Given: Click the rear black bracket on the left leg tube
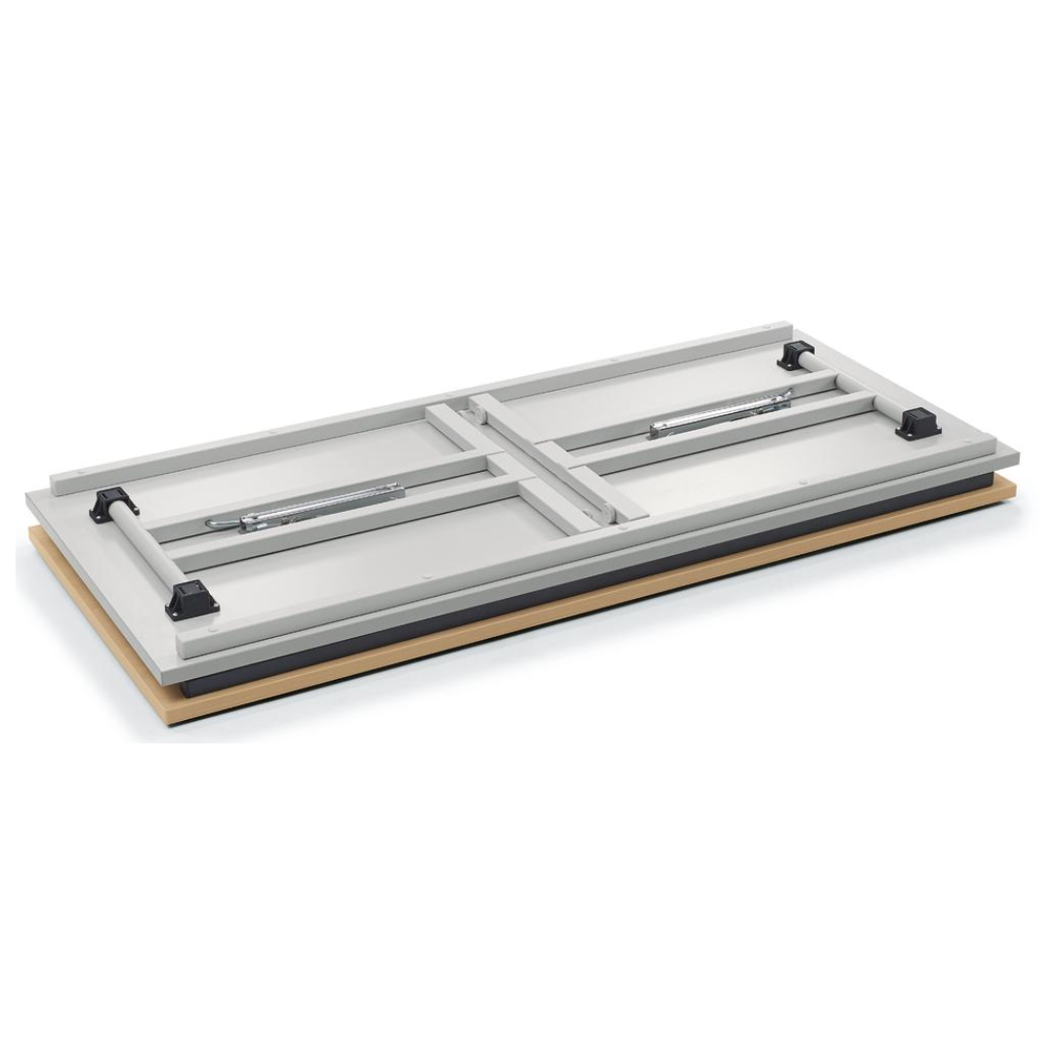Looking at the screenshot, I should (113, 503).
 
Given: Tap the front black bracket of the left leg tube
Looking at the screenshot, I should (190, 600).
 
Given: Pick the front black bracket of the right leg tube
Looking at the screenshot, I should (916, 423).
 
